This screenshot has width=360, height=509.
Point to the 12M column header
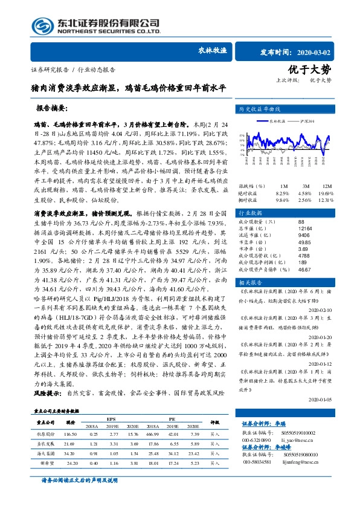tap(326, 185)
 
